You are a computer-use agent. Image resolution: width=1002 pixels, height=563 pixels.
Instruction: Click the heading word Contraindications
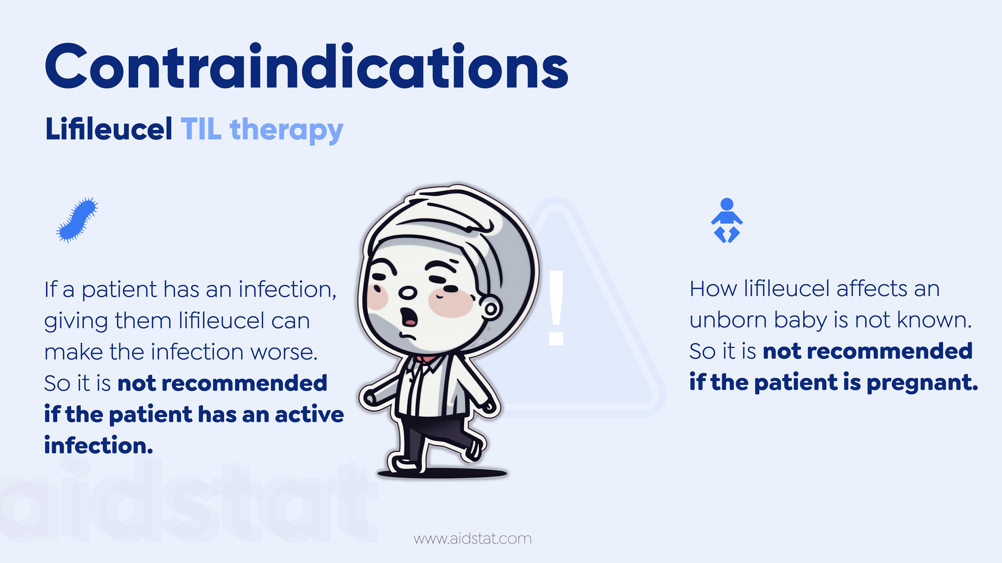tap(306, 66)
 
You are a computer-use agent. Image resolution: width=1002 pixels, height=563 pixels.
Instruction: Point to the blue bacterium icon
tap(77, 220)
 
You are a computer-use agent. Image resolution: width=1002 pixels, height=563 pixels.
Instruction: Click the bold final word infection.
tap(99, 445)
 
